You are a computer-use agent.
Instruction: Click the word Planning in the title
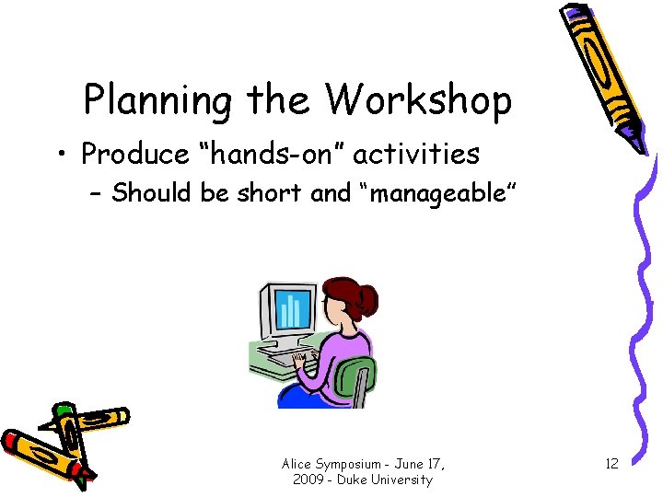[x=157, y=100]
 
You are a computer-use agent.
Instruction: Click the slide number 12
[x=611, y=464]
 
